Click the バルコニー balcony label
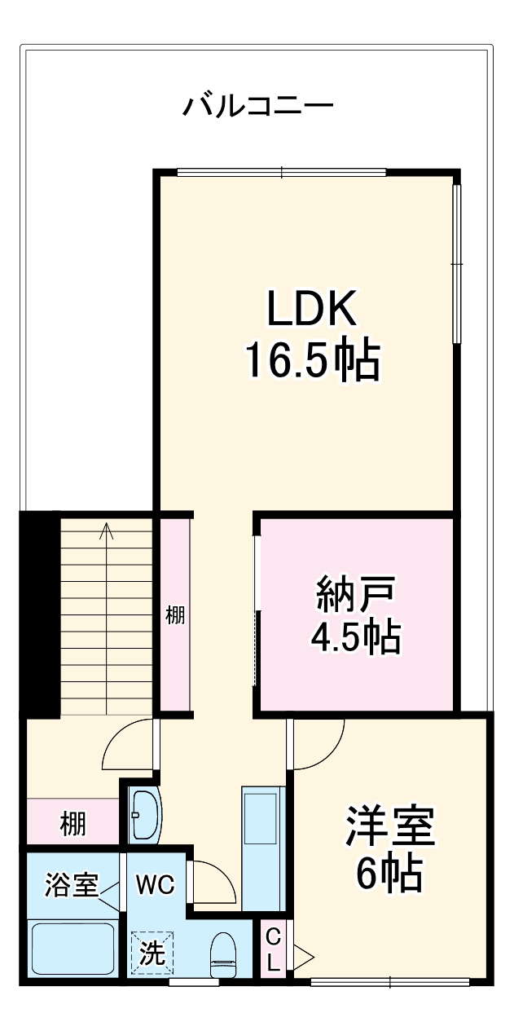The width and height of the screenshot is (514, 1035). [x=257, y=107]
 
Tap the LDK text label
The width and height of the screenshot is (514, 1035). [x=312, y=310]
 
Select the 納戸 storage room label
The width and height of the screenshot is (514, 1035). [x=356, y=597]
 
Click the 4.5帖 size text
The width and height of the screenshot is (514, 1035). [x=356, y=637]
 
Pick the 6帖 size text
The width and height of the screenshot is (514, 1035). [x=389, y=874]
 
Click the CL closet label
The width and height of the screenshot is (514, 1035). [x=274, y=949]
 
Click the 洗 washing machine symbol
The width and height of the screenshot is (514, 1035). [x=152, y=953]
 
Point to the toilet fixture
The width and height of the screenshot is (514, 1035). [x=222, y=955]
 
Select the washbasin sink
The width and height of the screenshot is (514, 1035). [x=145, y=814]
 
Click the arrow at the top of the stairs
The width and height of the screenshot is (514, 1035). [x=107, y=532]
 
